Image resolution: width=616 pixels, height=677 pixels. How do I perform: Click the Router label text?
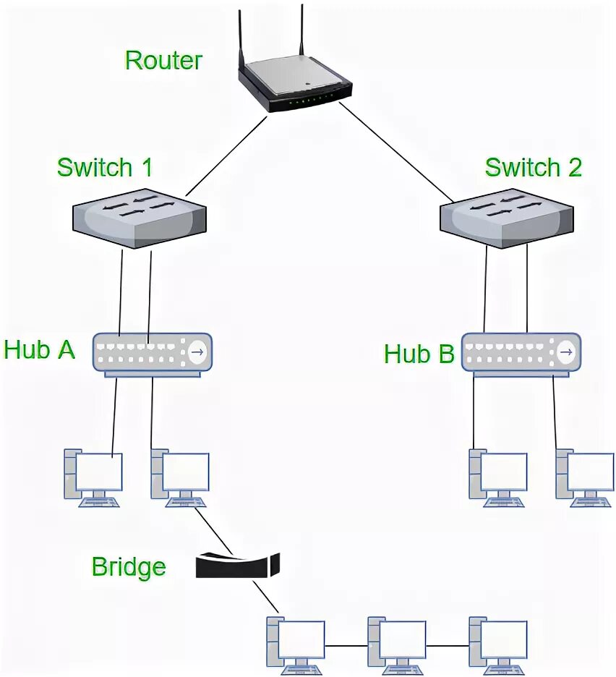point(163,60)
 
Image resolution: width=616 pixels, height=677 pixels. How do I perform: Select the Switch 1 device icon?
point(139,218)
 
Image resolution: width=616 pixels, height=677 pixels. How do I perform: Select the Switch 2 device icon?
point(506,218)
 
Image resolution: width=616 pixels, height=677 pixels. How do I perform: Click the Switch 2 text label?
point(533,167)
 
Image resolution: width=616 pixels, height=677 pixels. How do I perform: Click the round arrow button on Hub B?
point(566,352)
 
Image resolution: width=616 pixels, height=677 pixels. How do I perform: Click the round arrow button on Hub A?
point(198,352)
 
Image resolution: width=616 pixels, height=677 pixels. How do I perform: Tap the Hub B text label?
point(419,354)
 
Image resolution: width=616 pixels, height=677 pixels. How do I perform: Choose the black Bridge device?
point(238,565)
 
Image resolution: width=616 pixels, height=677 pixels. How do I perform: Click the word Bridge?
point(129,567)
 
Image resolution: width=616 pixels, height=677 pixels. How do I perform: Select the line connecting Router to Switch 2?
point(397,153)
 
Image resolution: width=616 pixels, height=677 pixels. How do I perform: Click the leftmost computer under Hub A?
point(93,477)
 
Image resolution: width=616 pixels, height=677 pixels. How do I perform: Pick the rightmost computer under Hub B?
point(584,478)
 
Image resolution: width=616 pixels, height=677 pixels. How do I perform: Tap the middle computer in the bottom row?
point(397,646)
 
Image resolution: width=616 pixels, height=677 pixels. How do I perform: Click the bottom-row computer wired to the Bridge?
point(296,646)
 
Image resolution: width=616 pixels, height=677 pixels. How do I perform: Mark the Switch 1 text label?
point(104,167)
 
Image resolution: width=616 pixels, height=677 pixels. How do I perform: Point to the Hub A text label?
point(39,349)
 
